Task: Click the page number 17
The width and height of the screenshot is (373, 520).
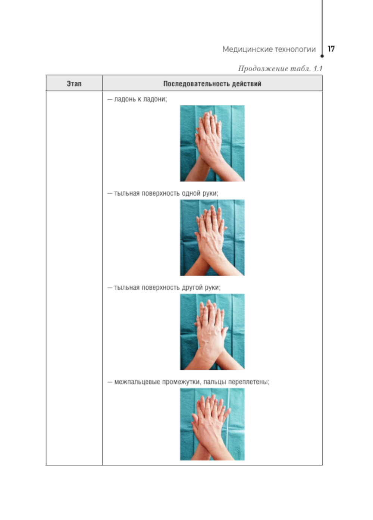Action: [x=331, y=49]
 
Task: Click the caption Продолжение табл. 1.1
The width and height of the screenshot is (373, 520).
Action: [x=280, y=68]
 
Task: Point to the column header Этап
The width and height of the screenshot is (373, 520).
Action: [x=74, y=84]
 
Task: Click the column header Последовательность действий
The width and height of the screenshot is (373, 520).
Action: [x=212, y=84]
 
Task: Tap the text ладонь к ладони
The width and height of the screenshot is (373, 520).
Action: [x=140, y=99]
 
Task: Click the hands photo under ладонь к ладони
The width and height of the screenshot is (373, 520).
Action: [x=212, y=143]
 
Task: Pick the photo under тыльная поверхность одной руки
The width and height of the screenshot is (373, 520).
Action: [x=212, y=237]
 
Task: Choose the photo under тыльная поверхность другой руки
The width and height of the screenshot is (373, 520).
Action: [x=212, y=332]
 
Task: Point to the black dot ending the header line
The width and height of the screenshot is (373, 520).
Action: [x=322, y=56]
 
